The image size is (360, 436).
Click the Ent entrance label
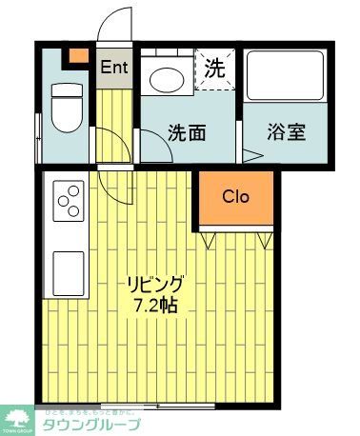(114, 67)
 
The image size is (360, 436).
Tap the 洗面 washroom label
(189, 132)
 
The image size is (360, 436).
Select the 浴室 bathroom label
(286, 132)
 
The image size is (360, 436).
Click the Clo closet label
(235, 197)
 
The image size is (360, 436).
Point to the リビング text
(155, 286)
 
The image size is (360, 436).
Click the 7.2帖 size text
(155, 306)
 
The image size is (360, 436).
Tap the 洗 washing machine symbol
(216, 69)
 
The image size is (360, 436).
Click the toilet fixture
(66, 107)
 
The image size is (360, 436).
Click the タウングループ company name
(91, 425)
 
